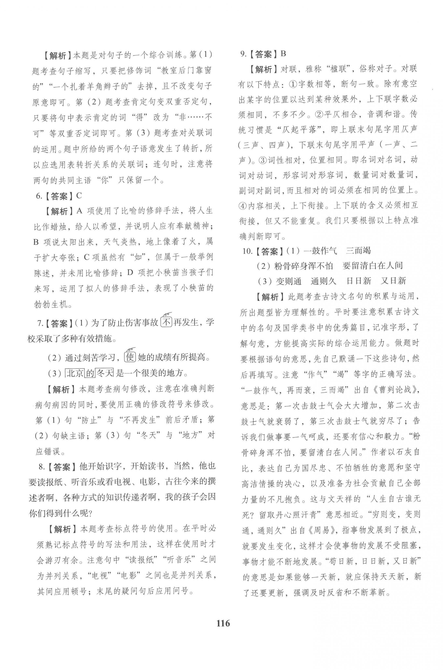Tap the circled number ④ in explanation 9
[243, 206]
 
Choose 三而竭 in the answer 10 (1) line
[358, 251]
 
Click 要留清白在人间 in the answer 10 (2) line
[372, 266]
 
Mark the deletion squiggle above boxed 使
[130, 349]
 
